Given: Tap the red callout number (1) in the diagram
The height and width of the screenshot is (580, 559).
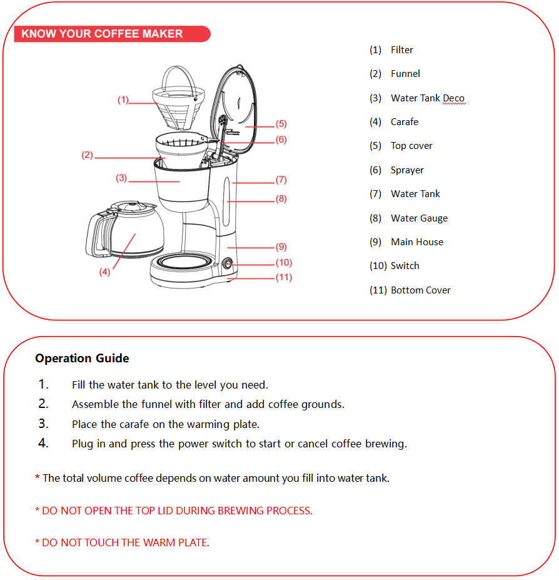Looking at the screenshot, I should (123, 99).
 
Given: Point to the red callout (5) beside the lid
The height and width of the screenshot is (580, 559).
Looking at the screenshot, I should (281, 124).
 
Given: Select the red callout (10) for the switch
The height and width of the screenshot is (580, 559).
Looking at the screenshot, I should (284, 263).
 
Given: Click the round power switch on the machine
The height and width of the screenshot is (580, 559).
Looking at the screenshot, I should (227, 264).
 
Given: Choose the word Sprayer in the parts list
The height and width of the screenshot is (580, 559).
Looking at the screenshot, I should (407, 170).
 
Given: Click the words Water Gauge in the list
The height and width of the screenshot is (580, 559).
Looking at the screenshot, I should (419, 218).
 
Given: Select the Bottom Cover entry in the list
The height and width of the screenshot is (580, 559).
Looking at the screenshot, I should (420, 290).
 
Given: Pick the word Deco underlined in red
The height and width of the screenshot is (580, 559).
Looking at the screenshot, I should (453, 98).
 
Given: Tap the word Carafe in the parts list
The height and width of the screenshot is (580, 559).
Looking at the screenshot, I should (405, 122).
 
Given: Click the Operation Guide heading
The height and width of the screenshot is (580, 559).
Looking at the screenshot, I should (82, 359).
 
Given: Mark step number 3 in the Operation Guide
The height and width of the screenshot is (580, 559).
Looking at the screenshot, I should (43, 424).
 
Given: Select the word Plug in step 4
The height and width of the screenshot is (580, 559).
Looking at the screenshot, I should (83, 444).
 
